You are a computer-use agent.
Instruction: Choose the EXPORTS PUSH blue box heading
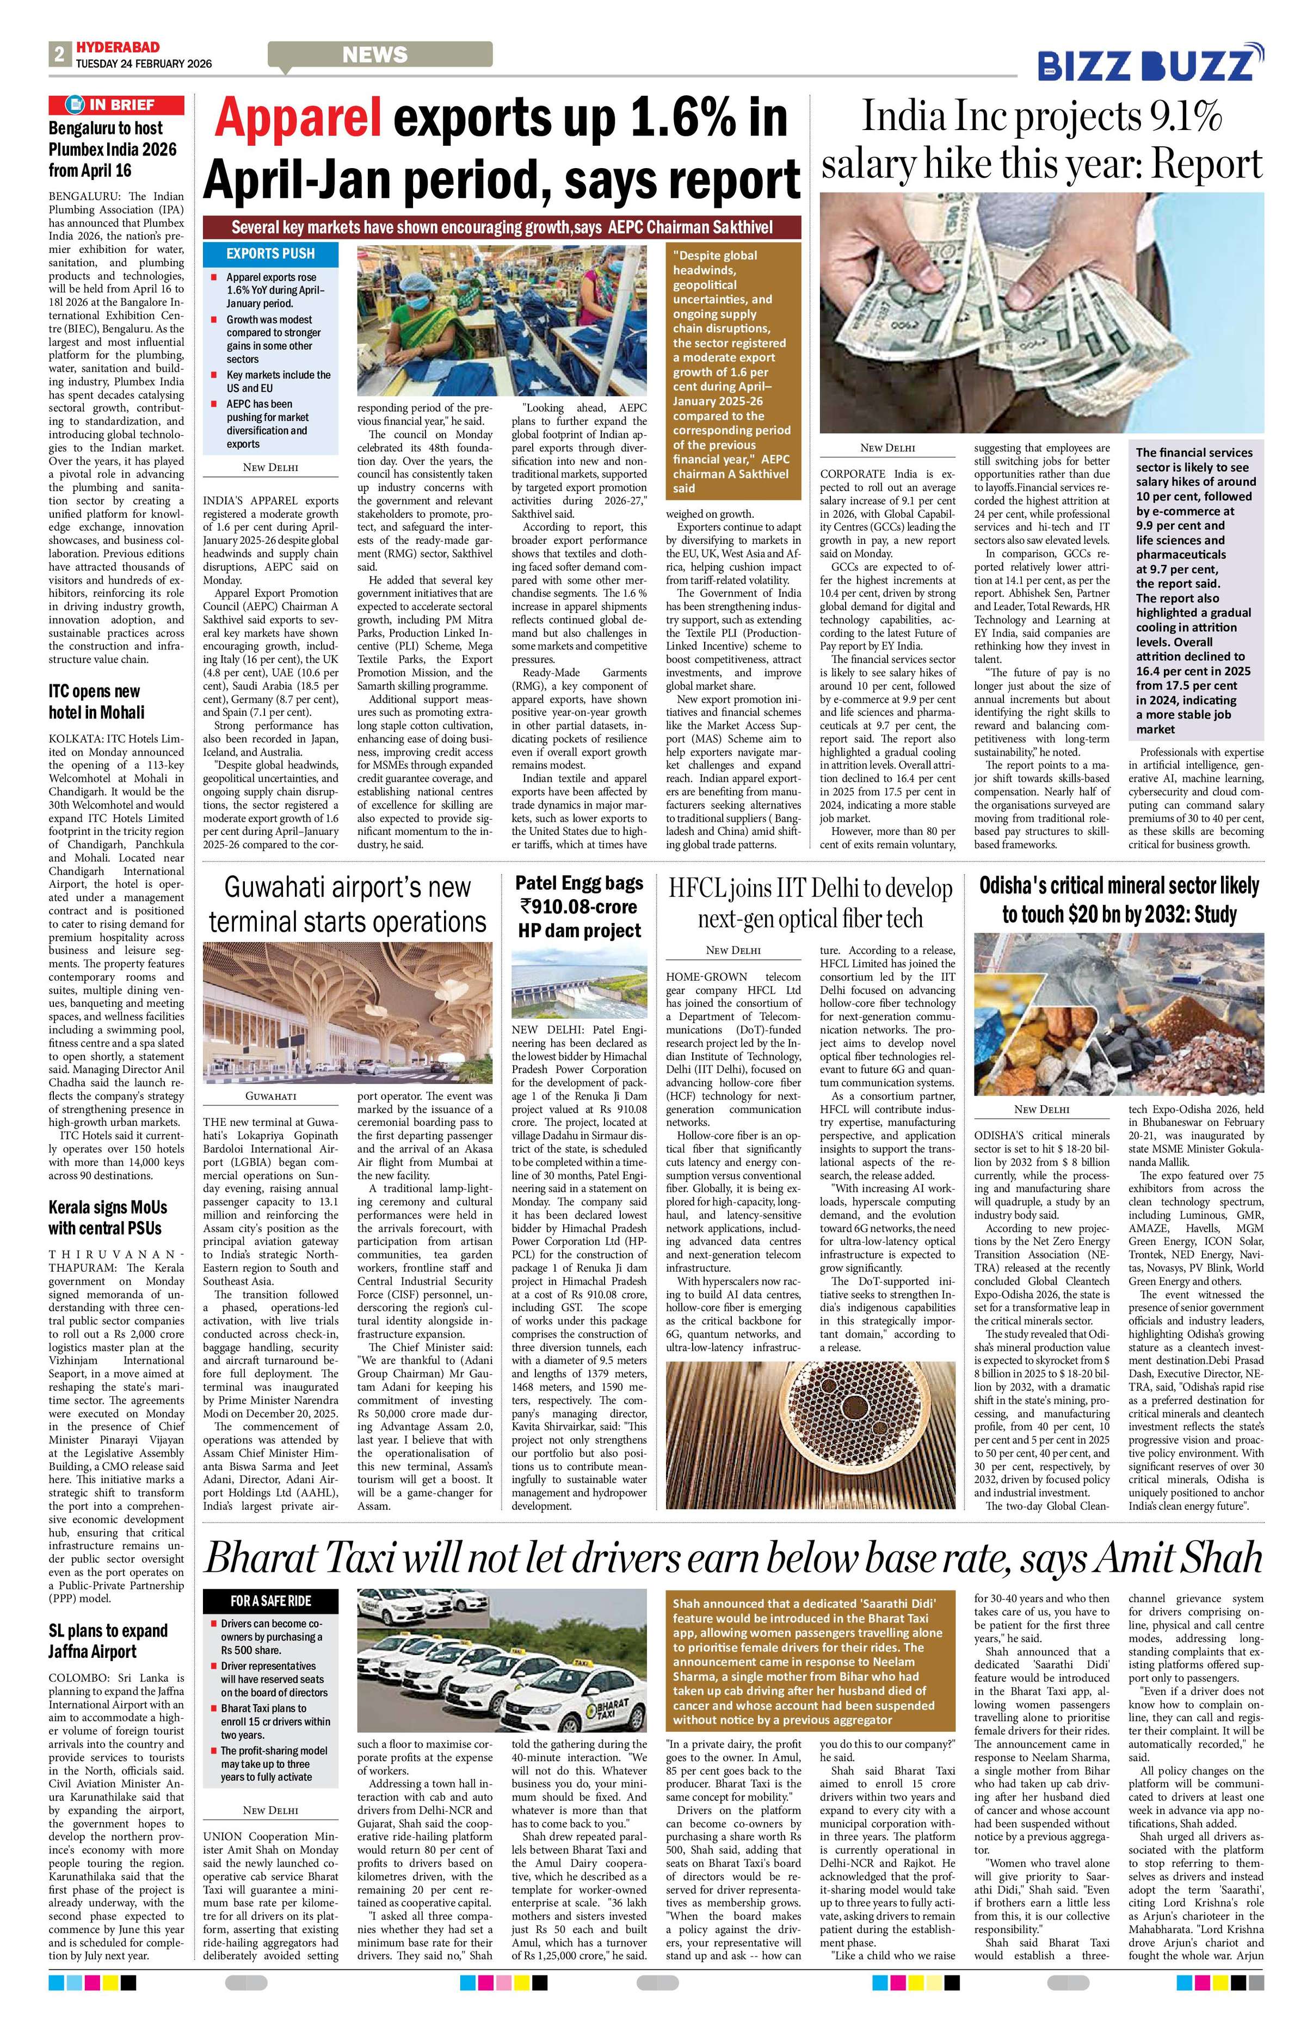(x=270, y=253)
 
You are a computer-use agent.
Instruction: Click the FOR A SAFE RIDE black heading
(x=270, y=1600)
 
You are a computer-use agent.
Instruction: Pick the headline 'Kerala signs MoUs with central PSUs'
(x=107, y=1217)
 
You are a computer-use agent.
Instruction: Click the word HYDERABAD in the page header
(x=116, y=48)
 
